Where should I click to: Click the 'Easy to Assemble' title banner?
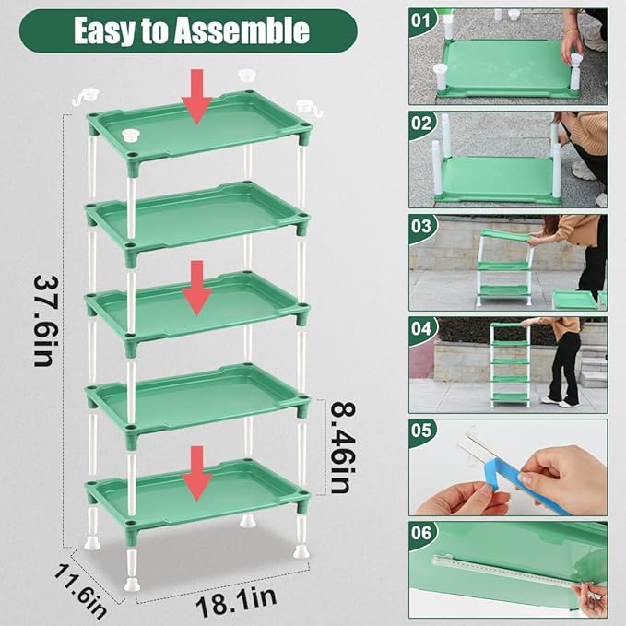(191, 30)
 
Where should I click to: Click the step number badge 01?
(421, 18)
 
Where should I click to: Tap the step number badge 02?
(421, 122)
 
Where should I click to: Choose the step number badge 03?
(421, 225)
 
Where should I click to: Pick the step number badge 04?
(421, 328)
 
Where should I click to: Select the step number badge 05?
(421, 431)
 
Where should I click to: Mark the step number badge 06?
(421, 533)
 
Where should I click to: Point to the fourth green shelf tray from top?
(197, 395)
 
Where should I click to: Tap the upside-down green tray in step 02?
(498, 180)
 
